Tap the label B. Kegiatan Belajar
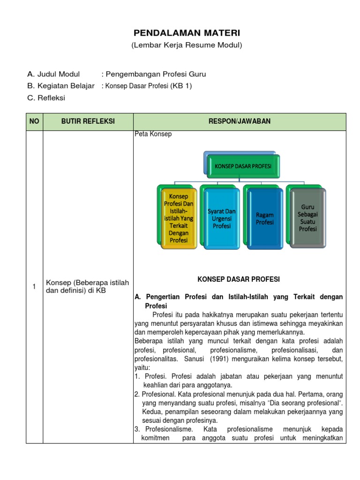[61, 86]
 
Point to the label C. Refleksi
[46, 98]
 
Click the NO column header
[34, 122]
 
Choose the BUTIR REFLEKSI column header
[88, 122]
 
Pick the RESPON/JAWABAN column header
[240, 122]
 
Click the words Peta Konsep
[153, 134]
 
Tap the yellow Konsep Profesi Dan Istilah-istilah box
[178, 218]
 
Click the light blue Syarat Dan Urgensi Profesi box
[222, 218]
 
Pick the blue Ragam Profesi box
[265, 218]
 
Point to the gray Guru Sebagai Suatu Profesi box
[308, 217]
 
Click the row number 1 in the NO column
[34, 287]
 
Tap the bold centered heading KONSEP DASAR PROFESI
[239, 279]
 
